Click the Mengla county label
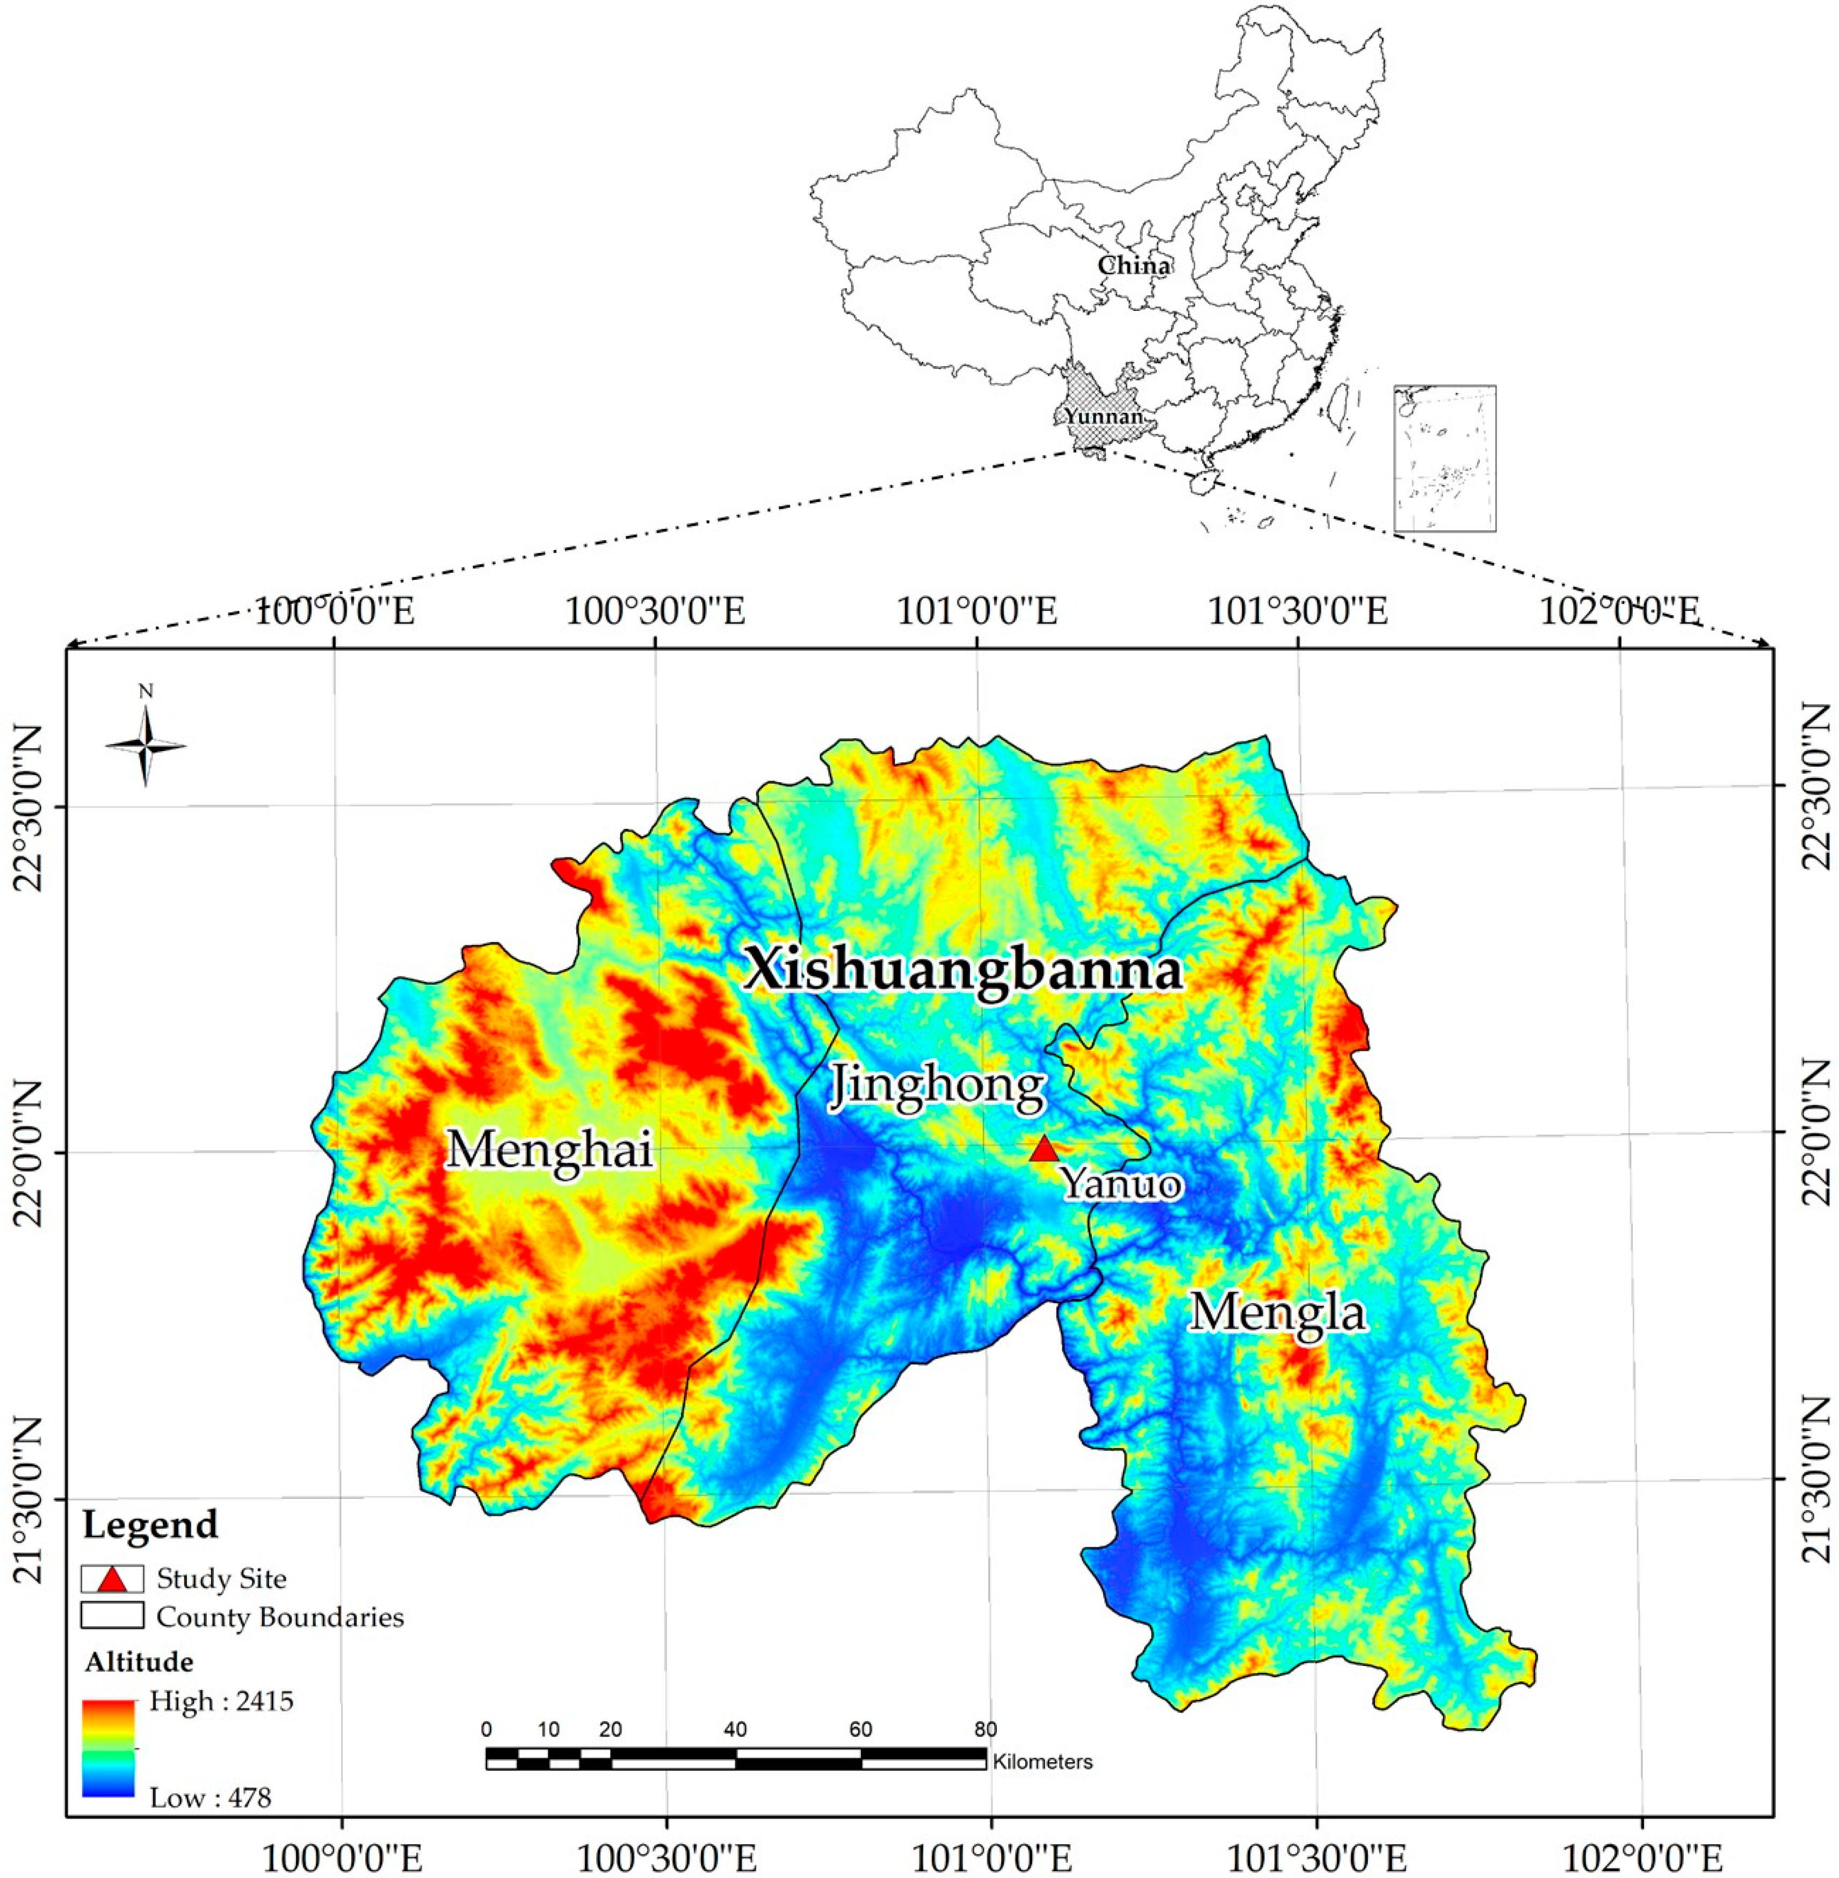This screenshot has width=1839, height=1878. tap(1278, 1312)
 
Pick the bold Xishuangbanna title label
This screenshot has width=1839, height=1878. tap(963, 970)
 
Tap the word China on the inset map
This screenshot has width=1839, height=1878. tap(1134, 265)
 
